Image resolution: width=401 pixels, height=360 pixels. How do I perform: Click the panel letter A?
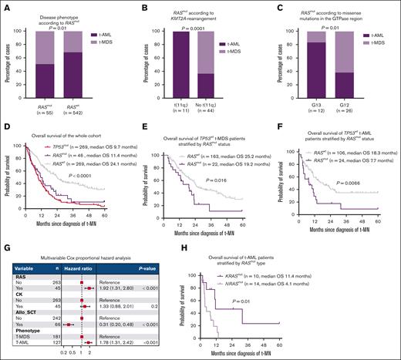point(5,5)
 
